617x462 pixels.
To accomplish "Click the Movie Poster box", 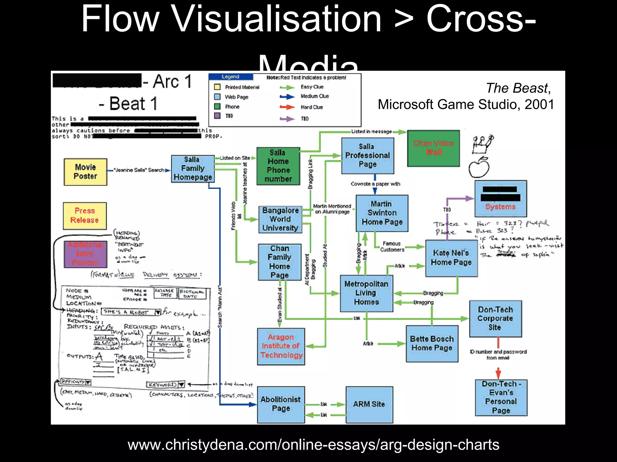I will (85, 172).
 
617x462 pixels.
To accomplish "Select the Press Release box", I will (85, 216).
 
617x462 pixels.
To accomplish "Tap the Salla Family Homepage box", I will (193, 168).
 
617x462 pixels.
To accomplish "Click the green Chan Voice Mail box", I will (433, 148).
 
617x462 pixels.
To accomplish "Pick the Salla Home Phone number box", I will (278, 166).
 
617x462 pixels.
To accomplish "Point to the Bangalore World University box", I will (280, 219).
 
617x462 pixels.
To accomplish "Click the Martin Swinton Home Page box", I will (382, 213).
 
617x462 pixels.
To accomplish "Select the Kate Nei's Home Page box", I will (451, 258).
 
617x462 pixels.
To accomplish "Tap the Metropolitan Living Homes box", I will (366, 293).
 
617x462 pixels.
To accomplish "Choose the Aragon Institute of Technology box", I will (281, 346).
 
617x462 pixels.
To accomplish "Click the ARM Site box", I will (369, 404).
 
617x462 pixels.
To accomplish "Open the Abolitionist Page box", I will (280, 404).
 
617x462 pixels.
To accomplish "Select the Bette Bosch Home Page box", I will (432, 343).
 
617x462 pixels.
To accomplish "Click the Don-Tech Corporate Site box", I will (495, 319).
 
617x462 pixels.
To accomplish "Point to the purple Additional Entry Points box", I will (85, 254).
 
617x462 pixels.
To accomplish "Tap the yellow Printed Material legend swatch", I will (217, 87).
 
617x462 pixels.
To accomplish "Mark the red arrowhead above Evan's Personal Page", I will (498, 374).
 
